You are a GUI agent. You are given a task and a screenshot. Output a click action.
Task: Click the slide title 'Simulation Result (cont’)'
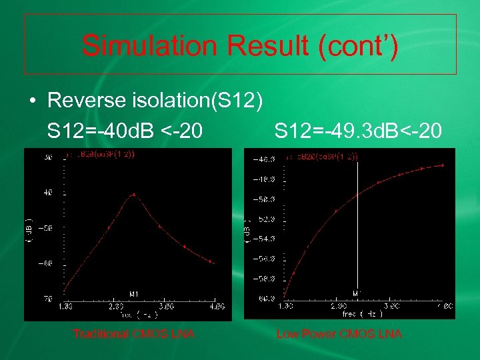(x=240, y=45)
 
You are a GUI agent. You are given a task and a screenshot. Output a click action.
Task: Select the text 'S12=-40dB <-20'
(x=125, y=131)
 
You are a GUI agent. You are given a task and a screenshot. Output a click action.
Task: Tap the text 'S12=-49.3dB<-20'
(x=357, y=131)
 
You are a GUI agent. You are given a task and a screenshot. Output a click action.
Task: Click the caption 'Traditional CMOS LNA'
(x=133, y=334)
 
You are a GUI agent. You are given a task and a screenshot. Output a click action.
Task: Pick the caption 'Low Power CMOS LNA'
(x=339, y=334)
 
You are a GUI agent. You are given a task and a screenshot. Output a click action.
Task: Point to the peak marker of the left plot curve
(x=134, y=195)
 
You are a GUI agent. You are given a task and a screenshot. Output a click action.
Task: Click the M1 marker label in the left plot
(x=134, y=293)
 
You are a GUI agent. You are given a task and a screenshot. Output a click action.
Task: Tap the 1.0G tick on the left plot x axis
(x=65, y=306)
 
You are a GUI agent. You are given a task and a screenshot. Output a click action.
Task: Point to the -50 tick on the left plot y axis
(x=47, y=228)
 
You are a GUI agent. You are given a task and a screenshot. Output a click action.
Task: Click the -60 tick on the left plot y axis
(x=47, y=263)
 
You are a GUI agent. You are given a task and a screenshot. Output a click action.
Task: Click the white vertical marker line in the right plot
(x=359, y=227)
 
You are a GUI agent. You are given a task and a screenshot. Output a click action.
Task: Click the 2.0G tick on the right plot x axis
(x=337, y=305)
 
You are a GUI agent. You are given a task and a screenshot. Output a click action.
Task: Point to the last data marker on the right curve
(x=444, y=165)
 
